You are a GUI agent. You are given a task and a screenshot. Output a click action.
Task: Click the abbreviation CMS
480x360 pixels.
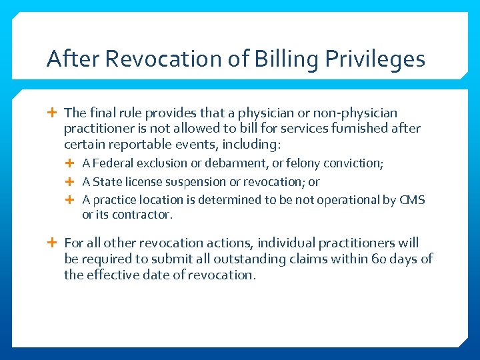pos(411,200)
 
